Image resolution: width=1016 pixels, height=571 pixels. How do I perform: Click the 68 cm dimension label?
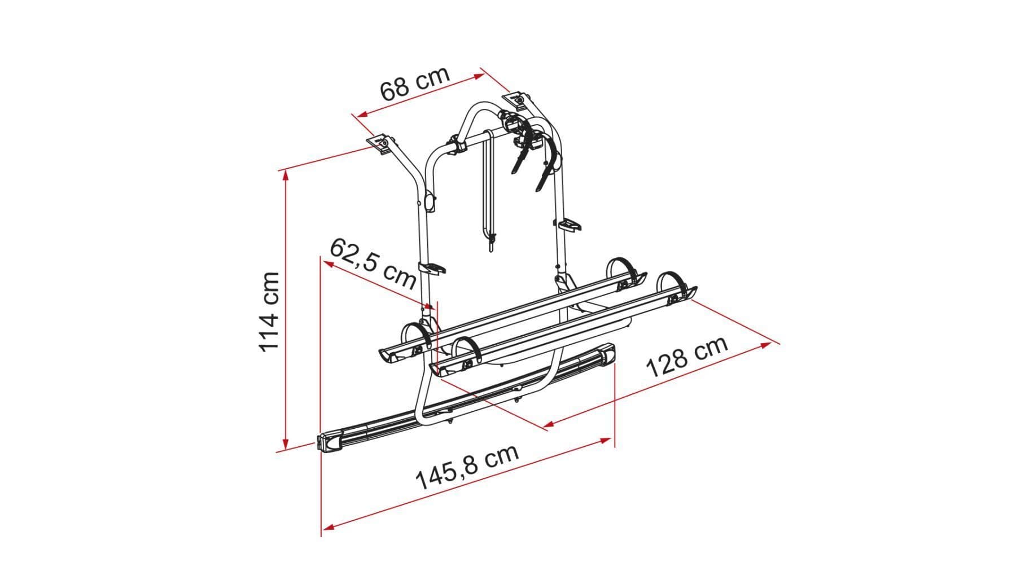(x=415, y=83)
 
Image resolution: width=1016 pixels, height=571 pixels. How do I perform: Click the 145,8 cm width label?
(x=467, y=467)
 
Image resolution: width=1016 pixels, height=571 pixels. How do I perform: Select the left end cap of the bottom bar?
(x=332, y=442)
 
